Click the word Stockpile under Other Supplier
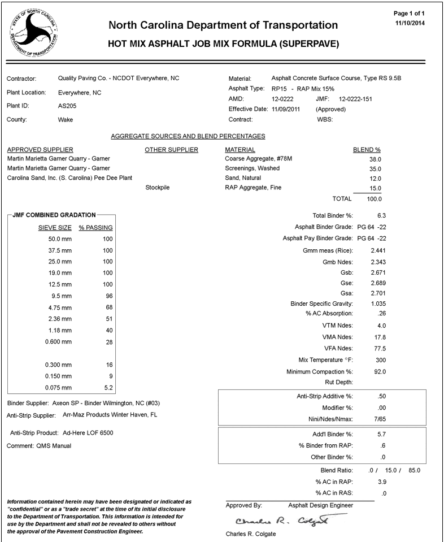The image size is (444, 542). click(x=158, y=188)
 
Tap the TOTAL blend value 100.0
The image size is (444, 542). click(x=373, y=199)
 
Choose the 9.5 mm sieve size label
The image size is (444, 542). click(x=60, y=296)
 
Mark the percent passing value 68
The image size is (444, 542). click(x=110, y=307)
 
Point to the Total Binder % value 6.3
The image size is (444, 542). click(x=381, y=216)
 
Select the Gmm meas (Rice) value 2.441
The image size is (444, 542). click(x=378, y=250)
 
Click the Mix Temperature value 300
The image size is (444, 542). click(x=380, y=360)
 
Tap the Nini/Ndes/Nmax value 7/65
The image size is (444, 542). click(x=380, y=418)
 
